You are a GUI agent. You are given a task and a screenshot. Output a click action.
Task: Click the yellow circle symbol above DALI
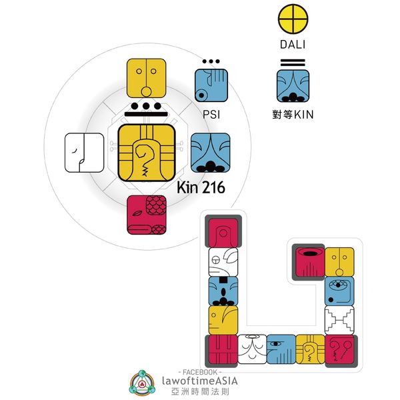coord(293,20)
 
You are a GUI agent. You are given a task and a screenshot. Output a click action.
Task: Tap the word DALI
coord(293,46)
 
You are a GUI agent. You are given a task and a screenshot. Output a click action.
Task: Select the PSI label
coord(211,115)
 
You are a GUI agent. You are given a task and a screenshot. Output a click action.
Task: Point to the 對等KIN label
coord(295,115)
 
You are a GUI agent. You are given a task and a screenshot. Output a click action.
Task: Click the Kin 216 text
coord(201,189)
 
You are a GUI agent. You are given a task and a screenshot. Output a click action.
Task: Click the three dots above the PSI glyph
coord(211,62)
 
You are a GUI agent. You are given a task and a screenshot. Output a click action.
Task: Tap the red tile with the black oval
coord(308,261)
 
